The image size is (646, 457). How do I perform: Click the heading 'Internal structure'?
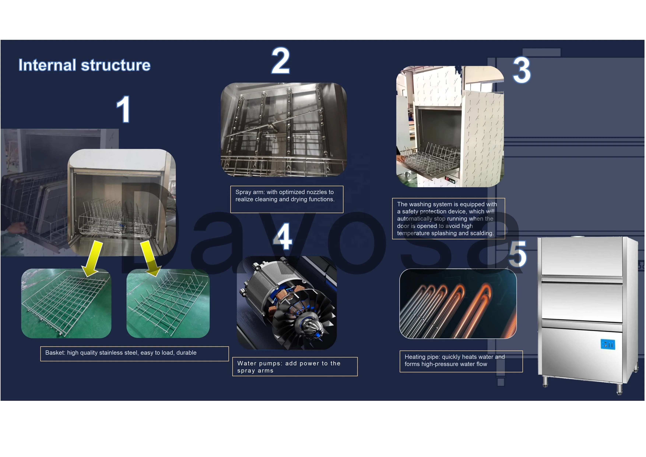tap(84, 65)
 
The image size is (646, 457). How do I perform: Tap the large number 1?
tap(123, 109)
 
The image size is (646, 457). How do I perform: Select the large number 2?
tap(280, 61)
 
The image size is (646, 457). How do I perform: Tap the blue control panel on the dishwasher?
tap(608, 344)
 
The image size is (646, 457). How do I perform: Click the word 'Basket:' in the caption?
tap(55, 353)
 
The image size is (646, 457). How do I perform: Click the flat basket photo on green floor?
tap(66, 303)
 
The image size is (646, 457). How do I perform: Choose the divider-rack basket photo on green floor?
tap(168, 303)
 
